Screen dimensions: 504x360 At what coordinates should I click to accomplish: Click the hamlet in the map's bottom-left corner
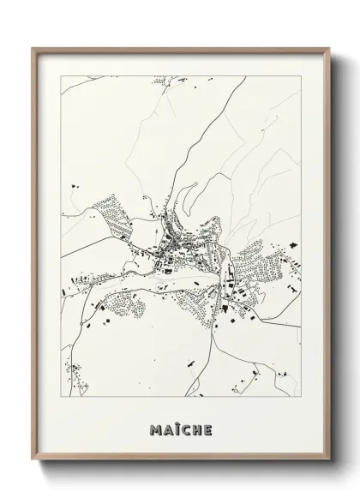(x=75, y=374)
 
